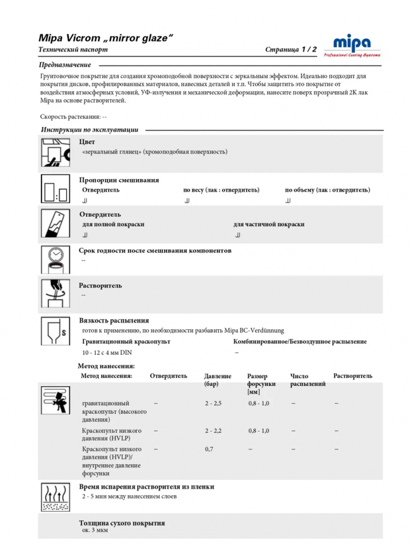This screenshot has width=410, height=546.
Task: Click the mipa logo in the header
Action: tap(352, 45)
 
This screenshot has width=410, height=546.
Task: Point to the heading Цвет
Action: tap(87, 142)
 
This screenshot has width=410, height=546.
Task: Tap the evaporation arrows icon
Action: tap(56, 497)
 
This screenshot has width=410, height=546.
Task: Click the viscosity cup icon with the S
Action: tap(56, 331)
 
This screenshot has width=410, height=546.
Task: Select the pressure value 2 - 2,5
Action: tap(213, 403)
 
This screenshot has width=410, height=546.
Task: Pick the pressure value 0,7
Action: tap(209, 449)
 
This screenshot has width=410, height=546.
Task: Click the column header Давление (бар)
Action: tap(218, 380)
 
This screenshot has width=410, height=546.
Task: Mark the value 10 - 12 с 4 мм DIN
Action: tap(107, 352)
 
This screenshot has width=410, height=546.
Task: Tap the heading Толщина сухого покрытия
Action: tap(122, 523)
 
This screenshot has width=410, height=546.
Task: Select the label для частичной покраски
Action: tap(269, 224)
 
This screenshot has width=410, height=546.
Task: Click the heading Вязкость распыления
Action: tap(114, 321)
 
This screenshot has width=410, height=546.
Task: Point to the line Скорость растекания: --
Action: tap(73, 117)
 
